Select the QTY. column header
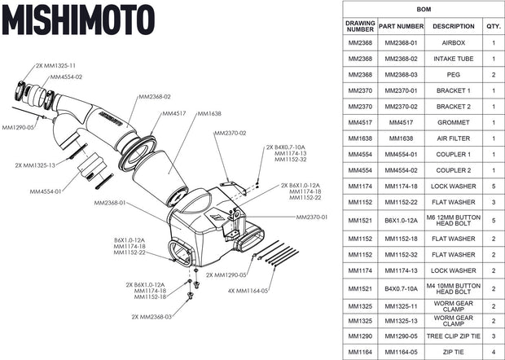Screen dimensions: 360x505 494,26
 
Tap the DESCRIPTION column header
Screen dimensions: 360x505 453,26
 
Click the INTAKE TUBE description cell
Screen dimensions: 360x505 453,59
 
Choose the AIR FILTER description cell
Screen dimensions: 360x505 453,138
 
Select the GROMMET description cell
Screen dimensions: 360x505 453,122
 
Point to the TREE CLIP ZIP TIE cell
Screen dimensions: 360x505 453,336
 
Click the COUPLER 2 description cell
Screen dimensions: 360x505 453,169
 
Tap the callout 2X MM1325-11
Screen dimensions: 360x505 55,65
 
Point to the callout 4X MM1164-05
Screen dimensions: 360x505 248,290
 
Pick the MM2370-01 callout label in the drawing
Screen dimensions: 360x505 313,217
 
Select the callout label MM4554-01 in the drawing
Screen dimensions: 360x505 46,191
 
